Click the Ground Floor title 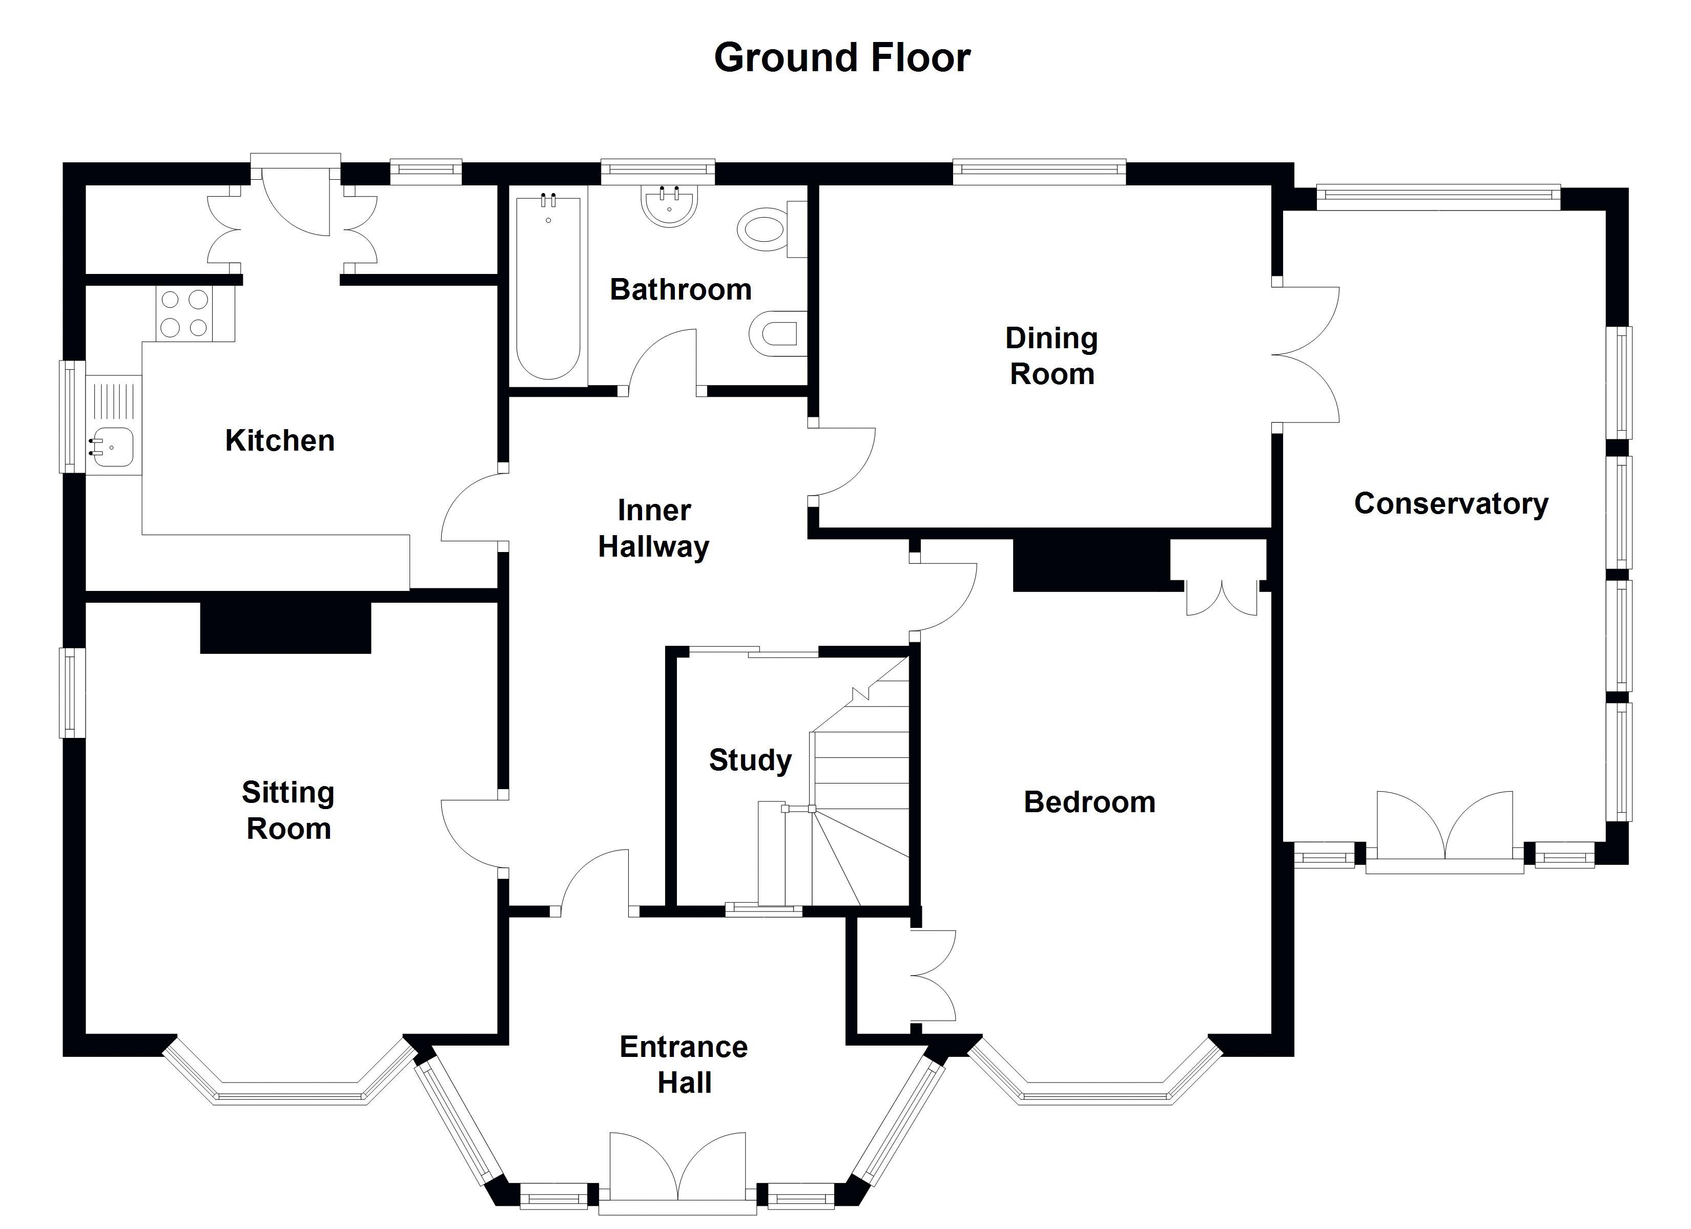tap(842, 57)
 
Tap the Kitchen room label tap(280, 440)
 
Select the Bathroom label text tap(680, 289)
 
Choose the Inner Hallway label tap(654, 528)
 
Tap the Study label tap(750, 760)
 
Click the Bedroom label tap(1089, 802)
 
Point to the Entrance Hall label tap(684, 1064)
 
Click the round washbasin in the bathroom tap(670, 206)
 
